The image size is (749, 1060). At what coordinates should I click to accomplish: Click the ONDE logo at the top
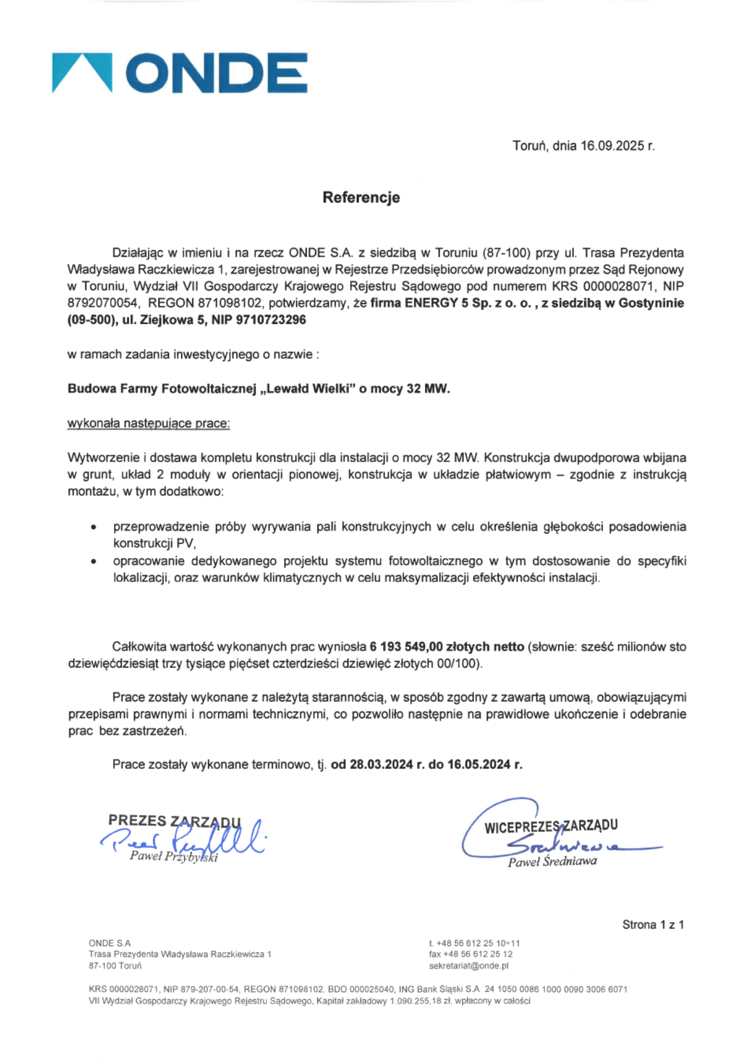[x=180, y=73]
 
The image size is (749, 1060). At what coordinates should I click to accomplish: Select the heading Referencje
[x=361, y=198]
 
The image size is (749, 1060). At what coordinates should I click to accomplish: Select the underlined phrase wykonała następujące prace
[x=148, y=423]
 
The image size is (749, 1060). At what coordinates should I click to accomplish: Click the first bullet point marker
[x=94, y=528]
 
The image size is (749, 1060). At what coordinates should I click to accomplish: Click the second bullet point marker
[x=94, y=562]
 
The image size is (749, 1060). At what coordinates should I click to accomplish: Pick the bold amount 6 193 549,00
[x=406, y=647]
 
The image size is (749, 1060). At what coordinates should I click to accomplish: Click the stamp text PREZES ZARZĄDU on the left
[x=174, y=821]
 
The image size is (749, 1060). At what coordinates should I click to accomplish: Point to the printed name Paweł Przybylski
[x=174, y=857]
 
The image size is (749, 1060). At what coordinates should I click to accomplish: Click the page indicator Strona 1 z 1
[x=653, y=925]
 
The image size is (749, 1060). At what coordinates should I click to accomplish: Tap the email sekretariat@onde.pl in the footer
[x=468, y=966]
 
